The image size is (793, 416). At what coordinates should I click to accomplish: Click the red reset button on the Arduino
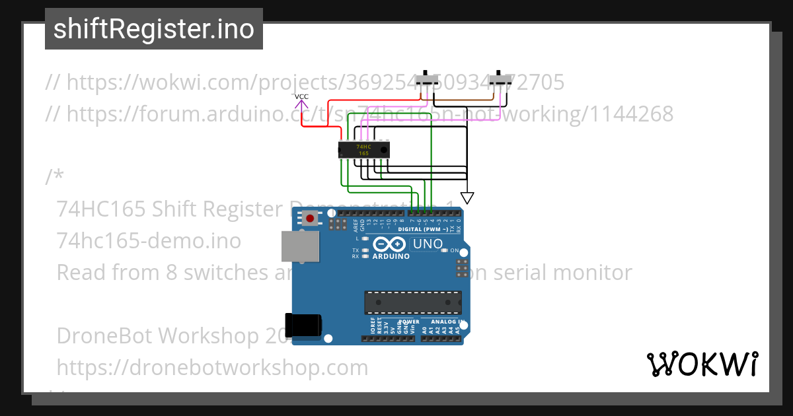[x=309, y=218]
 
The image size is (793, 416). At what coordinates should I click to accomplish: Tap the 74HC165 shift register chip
[x=363, y=150]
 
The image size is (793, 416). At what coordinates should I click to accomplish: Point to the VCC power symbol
[x=301, y=100]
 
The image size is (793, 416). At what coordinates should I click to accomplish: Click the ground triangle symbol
[x=467, y=197]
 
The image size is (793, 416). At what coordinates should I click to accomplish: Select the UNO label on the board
[x=428, y=244]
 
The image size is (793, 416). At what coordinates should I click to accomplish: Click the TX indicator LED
[x=365, y=250]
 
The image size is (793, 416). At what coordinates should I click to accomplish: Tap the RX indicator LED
[x=365, y=256]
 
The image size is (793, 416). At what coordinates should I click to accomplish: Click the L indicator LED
[x=365, y=238]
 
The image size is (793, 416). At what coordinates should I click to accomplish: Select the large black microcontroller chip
[x=412, y=302]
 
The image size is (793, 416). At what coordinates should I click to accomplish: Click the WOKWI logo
[x=702, y=364]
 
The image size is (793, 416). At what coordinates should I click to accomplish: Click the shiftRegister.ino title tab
[x=154, y=29]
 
